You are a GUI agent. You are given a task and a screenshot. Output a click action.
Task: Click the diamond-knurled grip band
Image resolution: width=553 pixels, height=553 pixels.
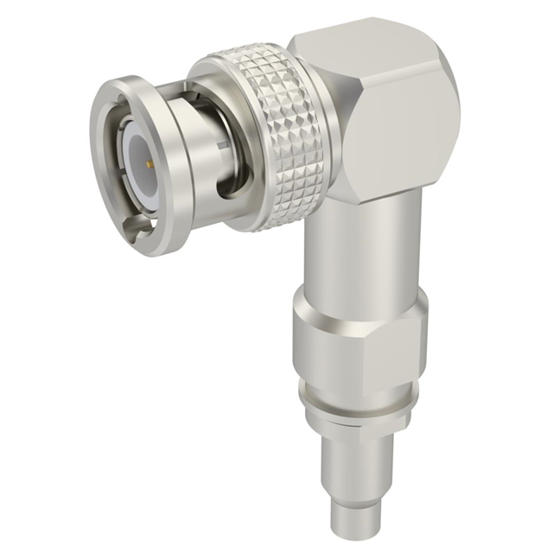click(x=285, y=147)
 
